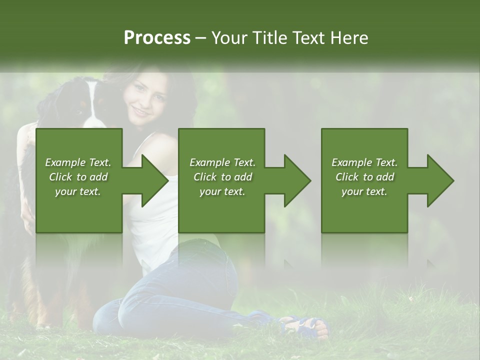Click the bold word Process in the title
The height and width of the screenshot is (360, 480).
point(157,38)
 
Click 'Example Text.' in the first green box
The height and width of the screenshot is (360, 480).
point(78,162)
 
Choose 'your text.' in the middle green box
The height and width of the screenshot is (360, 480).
point(222,191)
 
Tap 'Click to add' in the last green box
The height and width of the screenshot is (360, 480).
point(365,177)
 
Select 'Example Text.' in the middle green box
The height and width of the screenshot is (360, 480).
point(222,162)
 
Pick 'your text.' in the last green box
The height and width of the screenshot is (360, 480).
point(364,191)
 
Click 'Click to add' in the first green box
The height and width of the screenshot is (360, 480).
point(78,177)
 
